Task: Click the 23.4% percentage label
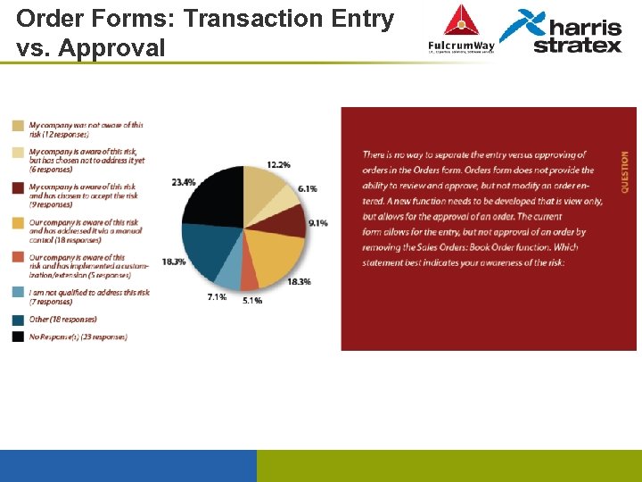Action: tap(184, 182)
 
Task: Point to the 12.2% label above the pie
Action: tap(278, 165)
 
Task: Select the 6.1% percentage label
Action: tap(308, 189)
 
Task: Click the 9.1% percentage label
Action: tap(318, 222)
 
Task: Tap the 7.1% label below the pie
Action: tap(216, 296)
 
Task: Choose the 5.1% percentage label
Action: tap(252, 301)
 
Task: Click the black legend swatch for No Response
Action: tap(18, 337)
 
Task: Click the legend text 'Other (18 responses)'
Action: tap(62, 320)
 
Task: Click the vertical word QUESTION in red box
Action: tap(624, 172)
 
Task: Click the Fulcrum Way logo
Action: tap(461, 31)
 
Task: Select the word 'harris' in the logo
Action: tap(580, 26)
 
